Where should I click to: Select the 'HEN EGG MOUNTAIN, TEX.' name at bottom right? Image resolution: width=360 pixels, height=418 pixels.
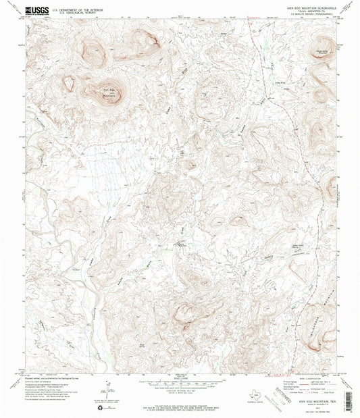tap(307, 401)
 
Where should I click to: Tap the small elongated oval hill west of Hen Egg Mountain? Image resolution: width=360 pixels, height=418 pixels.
tap(68, 83)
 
